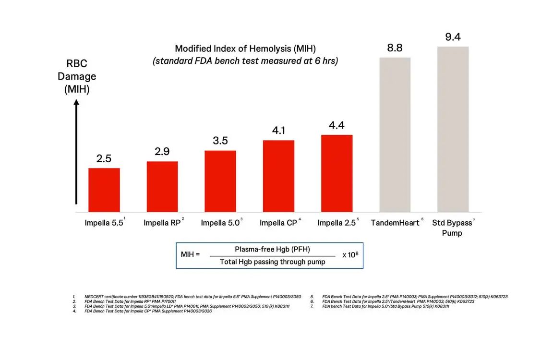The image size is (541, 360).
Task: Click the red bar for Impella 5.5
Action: pyautogui.click(x=104, y=190)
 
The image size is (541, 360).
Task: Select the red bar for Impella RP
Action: pyautogui.click(x=162, y=186)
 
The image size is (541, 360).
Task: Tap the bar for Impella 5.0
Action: pyautogui.click(x=220, y=181)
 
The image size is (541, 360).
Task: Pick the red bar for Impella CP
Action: pyautogui.click(x=278, y=176)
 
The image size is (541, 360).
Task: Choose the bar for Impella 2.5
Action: pyautogui.click(x=337, y=173)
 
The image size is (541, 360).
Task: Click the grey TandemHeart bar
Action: pyautogui.click(x=395, y=134)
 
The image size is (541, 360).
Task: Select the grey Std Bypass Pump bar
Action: pyautogui.click(x=453, y=129)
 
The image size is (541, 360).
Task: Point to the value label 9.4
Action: pyautogui.click(x=453, y=37)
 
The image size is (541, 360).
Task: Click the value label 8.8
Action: pyautogui.click(x=395, y=48)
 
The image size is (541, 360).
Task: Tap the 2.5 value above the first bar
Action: pyautogui.click(x=104, y=158)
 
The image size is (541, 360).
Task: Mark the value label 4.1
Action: pyautogui.click(x=278, y=131)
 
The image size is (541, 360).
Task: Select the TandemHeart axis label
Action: pyautogui.click(x=395, y=223)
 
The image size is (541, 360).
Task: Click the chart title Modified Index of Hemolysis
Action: pyautogui.click(x=245, y=48)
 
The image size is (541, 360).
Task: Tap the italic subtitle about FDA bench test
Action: pyautogui.click(x=245, y=61)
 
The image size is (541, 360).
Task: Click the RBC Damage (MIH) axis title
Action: pyautogui.click(x=77, y=76)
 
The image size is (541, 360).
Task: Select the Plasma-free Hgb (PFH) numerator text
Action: pyautogui.click(x=272, y=249)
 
